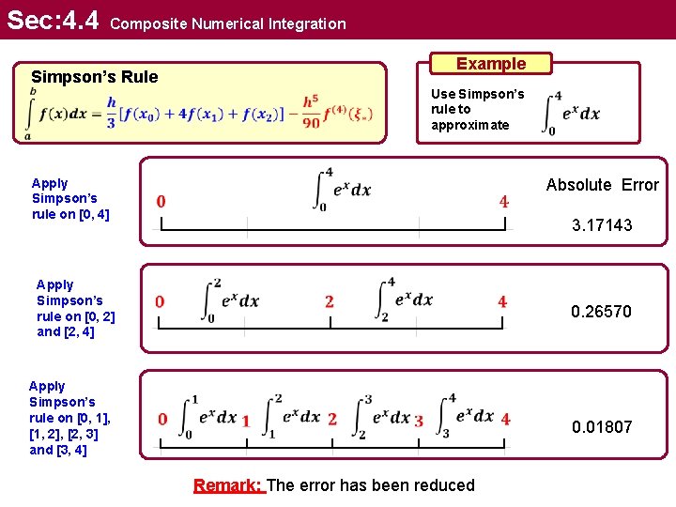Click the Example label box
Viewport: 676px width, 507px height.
[x=491, y=64]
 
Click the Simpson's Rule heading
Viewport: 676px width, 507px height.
[x=95, y=77]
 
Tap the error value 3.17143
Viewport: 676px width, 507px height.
[x=603, y=225]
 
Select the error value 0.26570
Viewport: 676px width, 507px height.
[x=602, y=312]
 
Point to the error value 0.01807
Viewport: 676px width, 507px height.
[x=603, y=427]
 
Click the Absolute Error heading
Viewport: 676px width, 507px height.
[x=602, y=185]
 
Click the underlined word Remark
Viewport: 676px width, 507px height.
[x=228, y=485]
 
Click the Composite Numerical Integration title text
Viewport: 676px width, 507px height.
[x=228, y=24]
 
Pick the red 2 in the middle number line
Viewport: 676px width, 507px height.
[x=330, y=301]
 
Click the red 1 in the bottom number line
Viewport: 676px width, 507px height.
[x=246, y=421]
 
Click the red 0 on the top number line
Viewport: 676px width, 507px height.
[x=161, y=202]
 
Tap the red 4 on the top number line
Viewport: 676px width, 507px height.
[x=504, y=202]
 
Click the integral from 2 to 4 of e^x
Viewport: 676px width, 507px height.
[x=404, y=300]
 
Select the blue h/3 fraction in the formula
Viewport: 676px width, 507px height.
[x=111, y=114]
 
